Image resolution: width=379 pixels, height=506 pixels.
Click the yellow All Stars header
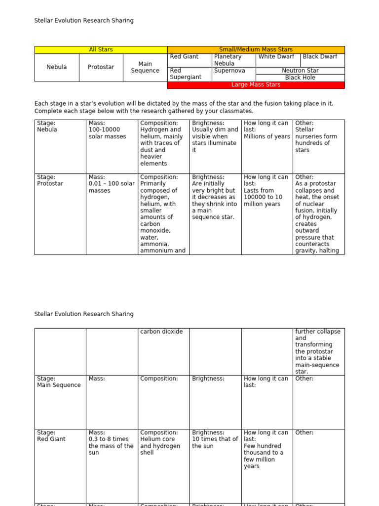click(x=101, y=49)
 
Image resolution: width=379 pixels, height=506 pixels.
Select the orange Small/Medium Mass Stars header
click(x=256, y=49)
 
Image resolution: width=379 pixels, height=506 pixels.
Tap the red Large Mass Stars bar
click(x=256, y=84)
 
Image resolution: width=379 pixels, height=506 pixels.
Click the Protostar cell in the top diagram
click(x=101, y=67)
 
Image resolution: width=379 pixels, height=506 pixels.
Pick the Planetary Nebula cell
click(x=227, y=60)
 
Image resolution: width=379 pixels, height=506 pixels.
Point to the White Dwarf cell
click(x=276, y=57)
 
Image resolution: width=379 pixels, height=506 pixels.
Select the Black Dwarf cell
click(x=320, y=57)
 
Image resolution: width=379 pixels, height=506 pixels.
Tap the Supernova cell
click(x=228, y=71)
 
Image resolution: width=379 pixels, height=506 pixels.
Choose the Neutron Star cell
click(x=300, y=71)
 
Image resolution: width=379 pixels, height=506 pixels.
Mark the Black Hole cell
click(x=300, y=78)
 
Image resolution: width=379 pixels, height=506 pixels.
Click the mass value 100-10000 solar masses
click(x=107, y=133)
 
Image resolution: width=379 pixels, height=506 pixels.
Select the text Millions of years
click(x=266, y=136)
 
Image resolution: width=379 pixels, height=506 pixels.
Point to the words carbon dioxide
click(x=161, y=332)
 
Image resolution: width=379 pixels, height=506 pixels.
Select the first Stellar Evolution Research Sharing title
click(x=84, y=21)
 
